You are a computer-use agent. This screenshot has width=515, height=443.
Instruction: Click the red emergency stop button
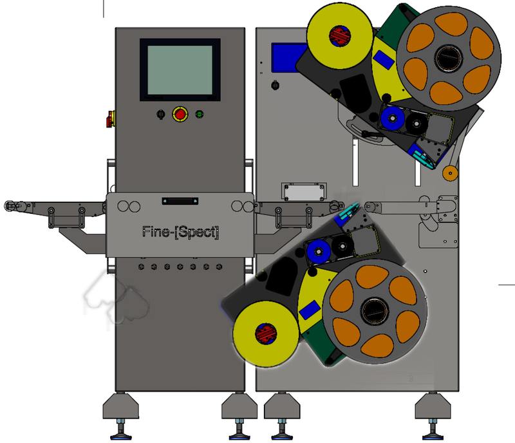tap(180, 114)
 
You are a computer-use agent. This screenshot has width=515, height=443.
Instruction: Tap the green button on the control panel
tap(200, 114)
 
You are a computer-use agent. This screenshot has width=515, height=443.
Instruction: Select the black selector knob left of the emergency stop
tap(160, 114)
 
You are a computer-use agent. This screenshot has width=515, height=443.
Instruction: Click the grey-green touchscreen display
tap(180, 70)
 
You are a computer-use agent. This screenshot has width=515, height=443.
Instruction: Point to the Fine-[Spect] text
tap(180, 232)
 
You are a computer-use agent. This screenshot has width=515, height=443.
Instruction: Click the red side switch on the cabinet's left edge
tap(111, 119)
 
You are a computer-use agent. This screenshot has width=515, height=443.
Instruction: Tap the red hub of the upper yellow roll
tap(340, 36)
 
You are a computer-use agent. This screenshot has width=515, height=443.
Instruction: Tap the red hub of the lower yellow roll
tap(266, 334)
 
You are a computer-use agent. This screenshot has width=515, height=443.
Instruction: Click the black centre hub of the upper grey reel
tap(449, 59)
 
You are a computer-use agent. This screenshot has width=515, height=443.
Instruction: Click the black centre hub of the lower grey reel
tap(375, 311)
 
